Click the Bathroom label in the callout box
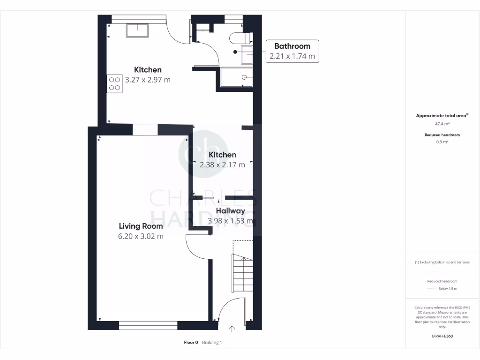[x=292, y=46]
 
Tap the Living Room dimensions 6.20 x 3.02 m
[x=141, y=236]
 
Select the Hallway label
[x=231, y=211]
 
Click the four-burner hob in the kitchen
[x=115, y=83]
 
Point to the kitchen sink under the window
[x=137, y=30]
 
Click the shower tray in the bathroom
[x=237, y=77]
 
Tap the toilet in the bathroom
[x=240, y=37]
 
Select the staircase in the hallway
[x=242, y=274]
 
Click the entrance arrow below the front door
[x=232, y=329]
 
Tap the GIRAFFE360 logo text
[x=442, y=336]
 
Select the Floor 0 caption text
[x=191, y=343]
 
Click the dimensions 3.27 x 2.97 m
[x=148, y=80]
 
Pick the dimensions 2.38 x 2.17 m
[x=222, y=165]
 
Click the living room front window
[x=148, y=324]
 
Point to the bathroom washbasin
[x=247, y=54]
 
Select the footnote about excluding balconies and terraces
[x=442, y=262]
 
